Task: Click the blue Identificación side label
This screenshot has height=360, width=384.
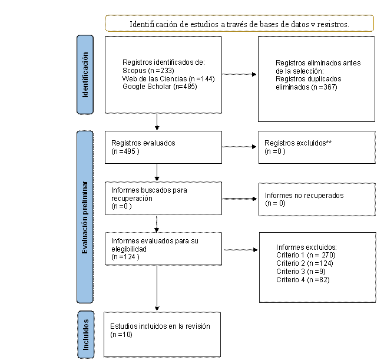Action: (x=85, y=74)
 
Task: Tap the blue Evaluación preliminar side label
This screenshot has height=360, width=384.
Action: (x=85, y=217)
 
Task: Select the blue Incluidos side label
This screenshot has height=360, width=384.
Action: (x=86, y=335)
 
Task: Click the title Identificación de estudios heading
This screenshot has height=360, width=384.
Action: (x=239, y=24)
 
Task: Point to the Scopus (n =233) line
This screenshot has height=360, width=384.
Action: (x=148, y=71)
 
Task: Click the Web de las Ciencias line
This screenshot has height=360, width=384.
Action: (x=168, y=79)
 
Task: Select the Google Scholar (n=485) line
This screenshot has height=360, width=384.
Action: (x=160, y=87)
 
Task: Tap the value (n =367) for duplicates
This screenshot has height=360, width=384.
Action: (x=325, y=87)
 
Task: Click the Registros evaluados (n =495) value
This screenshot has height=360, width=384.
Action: (x=125, y=151)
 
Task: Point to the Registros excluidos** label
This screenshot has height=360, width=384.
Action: (x=298, y=143)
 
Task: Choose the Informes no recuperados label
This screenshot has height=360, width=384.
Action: (x=304, y=195)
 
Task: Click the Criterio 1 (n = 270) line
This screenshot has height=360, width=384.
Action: (x=306, y=255)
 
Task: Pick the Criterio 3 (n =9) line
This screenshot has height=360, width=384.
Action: (x=301, y=272)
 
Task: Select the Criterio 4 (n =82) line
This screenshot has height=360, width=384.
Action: (x=303, y=280)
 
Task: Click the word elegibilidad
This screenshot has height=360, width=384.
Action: (x=129, y=249)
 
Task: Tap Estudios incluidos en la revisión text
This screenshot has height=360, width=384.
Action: (x=160, y=326)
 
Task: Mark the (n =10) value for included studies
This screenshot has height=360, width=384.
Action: (x=121, y=335)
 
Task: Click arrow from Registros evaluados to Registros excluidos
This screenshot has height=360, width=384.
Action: (x=239, y=147)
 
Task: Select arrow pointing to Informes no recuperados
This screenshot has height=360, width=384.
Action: (x=240, y=199)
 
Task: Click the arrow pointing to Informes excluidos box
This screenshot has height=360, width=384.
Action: (x=240, y=250)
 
